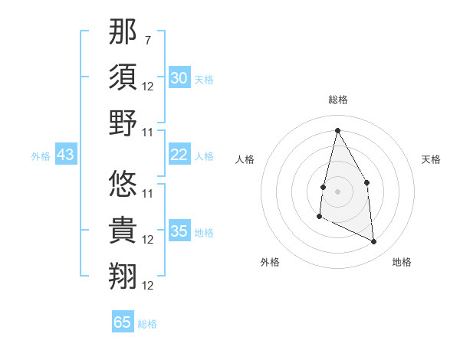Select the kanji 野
123,123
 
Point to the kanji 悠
123,185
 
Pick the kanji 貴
123,231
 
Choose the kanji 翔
123,276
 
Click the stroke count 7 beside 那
147,39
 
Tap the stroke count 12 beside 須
148,86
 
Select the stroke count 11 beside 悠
148,193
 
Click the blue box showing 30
179,77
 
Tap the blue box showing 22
179,155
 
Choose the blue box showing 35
179,231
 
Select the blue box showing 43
65,155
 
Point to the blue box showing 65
123,322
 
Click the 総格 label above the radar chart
337,100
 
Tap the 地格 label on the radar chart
402,262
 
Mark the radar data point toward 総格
337,130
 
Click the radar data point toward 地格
374,241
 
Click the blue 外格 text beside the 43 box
41,156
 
